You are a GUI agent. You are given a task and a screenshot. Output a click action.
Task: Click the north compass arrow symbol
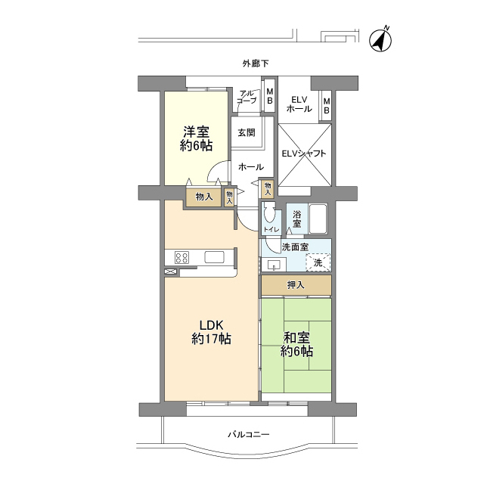(380, 40)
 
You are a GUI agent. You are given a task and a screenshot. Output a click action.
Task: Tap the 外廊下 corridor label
(256, 64)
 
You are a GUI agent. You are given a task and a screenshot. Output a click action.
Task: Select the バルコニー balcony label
(249, 435)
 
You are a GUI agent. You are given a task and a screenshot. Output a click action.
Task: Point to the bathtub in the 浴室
(318, 219)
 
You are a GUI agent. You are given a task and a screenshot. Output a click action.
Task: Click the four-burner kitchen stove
(181, 257)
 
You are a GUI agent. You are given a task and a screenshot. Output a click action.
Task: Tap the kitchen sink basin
(214, 257)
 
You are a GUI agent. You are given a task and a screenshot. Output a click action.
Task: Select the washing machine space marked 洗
(318, 262)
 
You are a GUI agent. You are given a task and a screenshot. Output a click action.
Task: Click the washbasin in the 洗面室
(274, 265)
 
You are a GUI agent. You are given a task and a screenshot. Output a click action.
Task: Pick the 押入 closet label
(296, 285)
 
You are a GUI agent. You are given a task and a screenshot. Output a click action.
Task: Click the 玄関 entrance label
(247, 133)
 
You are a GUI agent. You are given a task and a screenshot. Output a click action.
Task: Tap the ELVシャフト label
(304, 154)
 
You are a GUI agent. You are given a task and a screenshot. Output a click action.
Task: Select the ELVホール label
(299, 104)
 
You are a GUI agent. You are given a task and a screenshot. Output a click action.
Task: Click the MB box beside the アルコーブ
(269, 96)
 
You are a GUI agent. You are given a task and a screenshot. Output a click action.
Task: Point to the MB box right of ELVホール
(327, 106)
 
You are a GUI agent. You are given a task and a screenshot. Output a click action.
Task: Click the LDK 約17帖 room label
(211, 332)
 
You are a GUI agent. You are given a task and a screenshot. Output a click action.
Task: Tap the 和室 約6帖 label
(296, 345)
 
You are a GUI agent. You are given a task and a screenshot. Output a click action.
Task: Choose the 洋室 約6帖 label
(197, 139)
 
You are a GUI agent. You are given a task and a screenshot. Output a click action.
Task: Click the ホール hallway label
(251, 167)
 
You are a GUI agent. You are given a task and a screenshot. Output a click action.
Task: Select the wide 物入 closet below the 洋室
(203, 197)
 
